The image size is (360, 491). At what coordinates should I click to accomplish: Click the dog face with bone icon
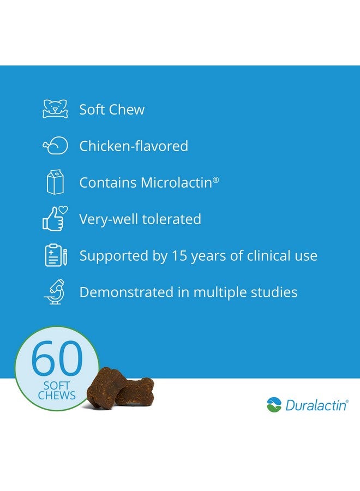pos(55,109)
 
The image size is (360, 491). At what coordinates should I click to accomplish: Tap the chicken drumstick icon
pos(55,146)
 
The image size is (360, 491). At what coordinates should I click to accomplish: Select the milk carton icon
pos(55,182)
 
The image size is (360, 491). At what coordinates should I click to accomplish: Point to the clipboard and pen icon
pos(56,255)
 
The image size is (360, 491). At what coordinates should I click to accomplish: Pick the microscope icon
pos(55,292)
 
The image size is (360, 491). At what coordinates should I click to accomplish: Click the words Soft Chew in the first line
pos(112,110)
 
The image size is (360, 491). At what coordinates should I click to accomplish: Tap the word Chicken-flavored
pos(134,146)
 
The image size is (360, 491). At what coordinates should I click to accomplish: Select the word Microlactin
pos(177,183)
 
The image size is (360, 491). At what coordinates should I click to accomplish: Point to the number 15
pos(179,255)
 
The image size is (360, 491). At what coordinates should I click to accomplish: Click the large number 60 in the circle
pos(56,358)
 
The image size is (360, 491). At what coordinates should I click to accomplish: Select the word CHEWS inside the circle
pos(57,395)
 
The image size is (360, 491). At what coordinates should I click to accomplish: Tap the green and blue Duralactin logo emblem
pos(274,405)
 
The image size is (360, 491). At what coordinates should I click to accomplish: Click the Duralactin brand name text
pos(315,405)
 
